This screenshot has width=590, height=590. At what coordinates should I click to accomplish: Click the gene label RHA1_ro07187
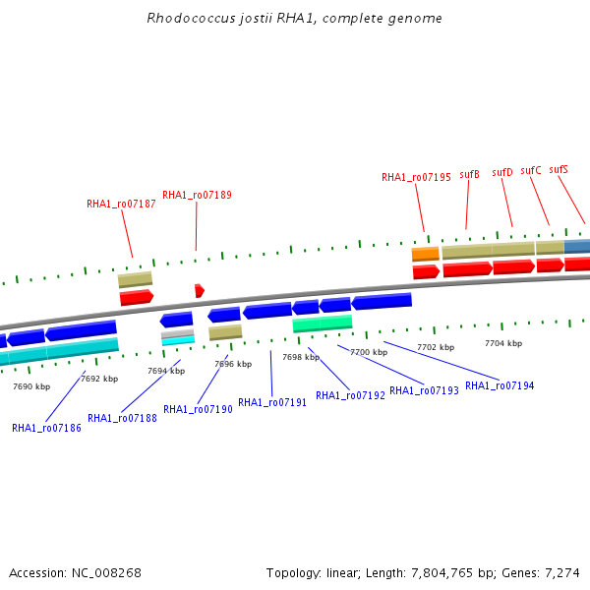point(121,205)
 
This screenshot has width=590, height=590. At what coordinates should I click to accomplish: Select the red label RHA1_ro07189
point(197,195)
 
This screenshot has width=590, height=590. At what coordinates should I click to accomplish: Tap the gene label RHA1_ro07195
point(416,177)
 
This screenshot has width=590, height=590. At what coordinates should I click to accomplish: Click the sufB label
point(470,174)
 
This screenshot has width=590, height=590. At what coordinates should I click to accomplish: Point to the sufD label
point(502,172)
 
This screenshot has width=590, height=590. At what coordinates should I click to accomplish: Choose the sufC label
point(531,170)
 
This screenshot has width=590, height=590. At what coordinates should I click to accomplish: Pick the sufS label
point(559,169)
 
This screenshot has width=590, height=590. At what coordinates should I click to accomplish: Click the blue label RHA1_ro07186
point(46,428)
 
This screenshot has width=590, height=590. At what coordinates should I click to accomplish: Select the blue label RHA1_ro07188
point(122,418)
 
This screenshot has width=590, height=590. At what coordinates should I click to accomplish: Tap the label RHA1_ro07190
point(198,409)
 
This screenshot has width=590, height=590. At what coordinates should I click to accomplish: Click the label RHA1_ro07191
point(272,402)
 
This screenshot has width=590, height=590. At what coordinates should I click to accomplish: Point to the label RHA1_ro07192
point(350,395)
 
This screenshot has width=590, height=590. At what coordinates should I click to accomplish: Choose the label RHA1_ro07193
point(424,390)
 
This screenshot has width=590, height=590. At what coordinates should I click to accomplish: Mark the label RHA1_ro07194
point(500,385)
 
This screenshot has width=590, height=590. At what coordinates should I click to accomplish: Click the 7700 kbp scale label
point(368,352)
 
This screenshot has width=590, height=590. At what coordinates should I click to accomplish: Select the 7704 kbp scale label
point(503,343)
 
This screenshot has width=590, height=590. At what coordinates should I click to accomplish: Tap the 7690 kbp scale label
point(31,386)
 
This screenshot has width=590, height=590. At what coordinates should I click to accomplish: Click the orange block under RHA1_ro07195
point(425,254)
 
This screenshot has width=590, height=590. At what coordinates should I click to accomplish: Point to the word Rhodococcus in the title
point(184,18)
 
